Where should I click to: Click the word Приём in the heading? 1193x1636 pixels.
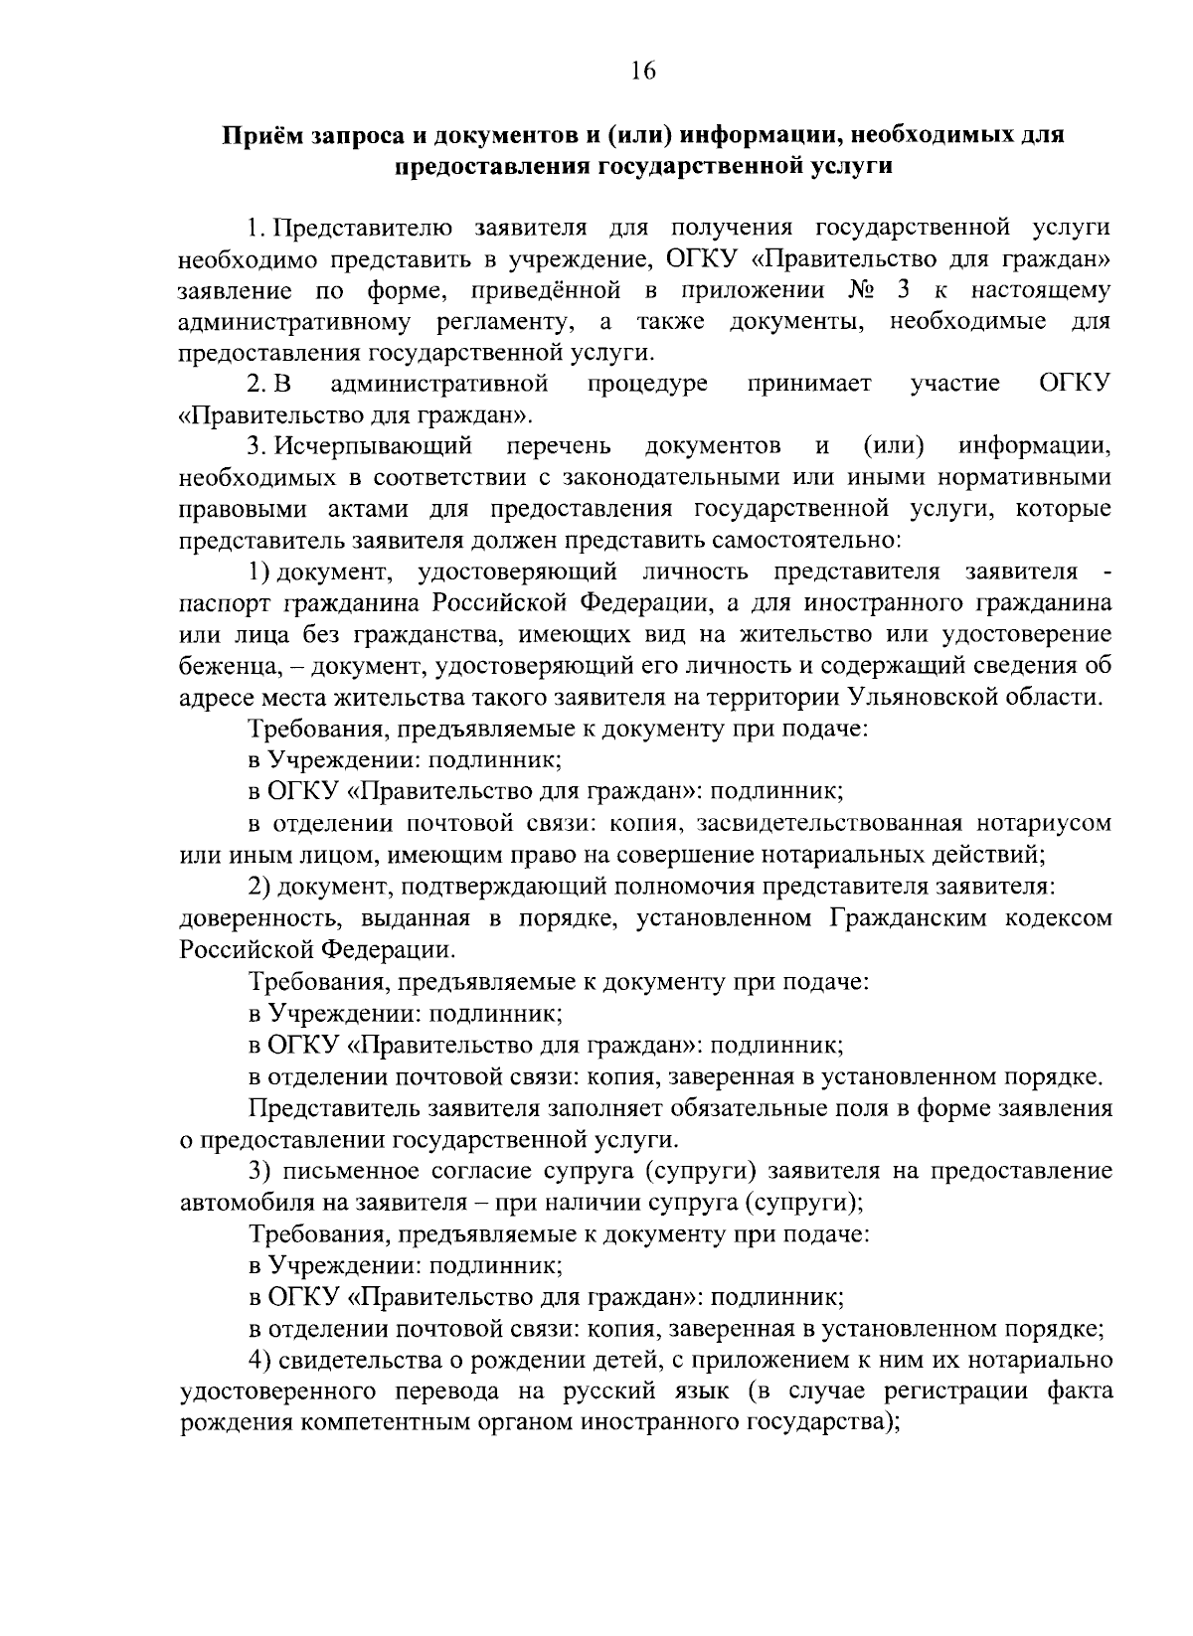[x=260, y=135]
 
